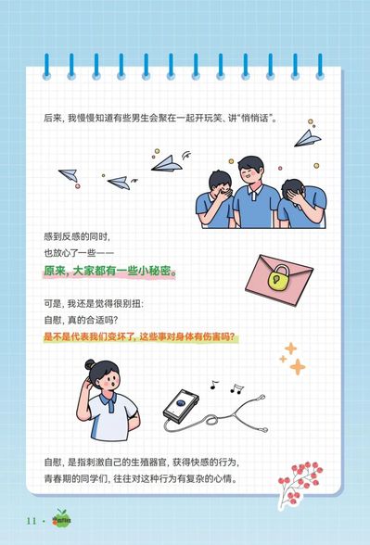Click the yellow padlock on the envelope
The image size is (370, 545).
coord(279,278)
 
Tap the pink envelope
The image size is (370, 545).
coord(279,280)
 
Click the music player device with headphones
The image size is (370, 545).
coord(214,411)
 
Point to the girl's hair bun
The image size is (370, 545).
coord(90,364)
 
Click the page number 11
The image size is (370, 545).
coord(32,521)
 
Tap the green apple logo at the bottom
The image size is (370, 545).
coord(62,519)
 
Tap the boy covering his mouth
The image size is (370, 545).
coord(215,199)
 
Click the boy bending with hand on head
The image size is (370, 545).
coord(302,204)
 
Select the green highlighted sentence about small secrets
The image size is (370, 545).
coord(109,271)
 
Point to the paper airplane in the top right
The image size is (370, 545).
coord(307,138)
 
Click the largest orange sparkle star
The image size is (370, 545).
coord(298,367)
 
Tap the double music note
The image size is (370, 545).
coord(236,388)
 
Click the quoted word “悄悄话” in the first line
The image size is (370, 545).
coord(254,119)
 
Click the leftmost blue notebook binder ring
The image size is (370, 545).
coord(46,66)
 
